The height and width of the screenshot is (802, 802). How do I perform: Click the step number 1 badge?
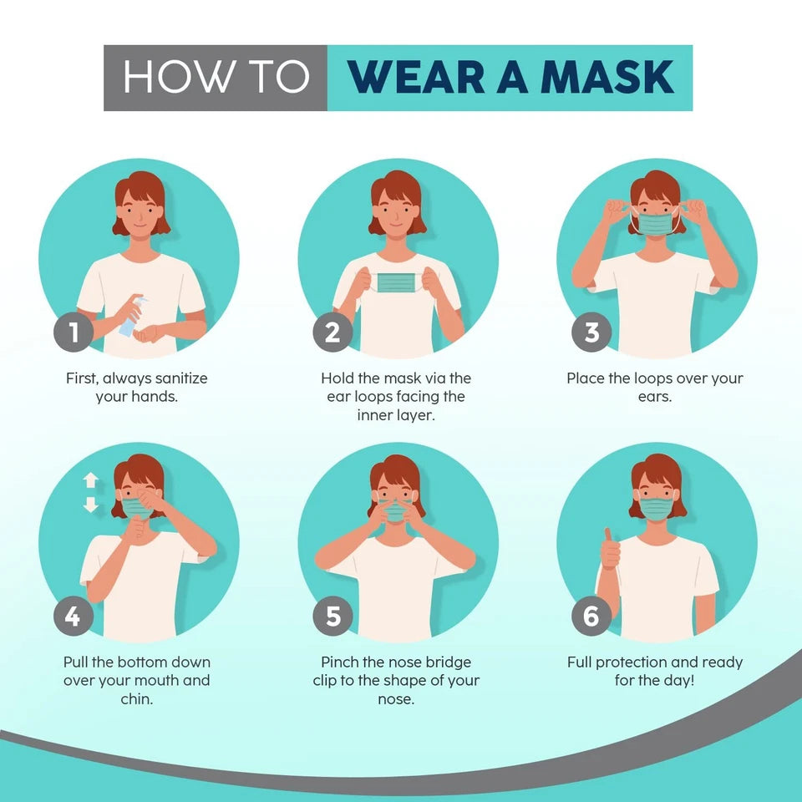[74, 333]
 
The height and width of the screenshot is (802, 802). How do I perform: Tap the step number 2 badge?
[332, 333]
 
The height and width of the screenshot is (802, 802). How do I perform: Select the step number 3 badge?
[591, 333]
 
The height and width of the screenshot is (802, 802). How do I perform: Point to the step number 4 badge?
[74, 617]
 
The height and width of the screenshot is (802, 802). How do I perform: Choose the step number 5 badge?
[332, 617]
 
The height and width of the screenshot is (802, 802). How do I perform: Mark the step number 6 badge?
[591, 617]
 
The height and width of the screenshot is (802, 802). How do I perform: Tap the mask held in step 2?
[396, 282]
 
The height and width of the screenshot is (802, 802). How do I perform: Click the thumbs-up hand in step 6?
[611, 548]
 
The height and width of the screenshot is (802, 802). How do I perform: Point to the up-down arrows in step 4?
[90, 493]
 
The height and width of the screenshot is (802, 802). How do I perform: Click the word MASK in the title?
[607, 78]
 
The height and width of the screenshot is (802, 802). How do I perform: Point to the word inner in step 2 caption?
[375, 415]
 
